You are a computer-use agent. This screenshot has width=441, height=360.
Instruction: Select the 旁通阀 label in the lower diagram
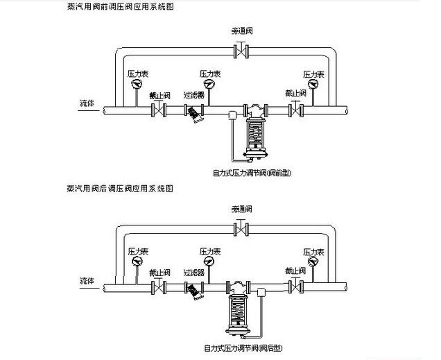[241, 208]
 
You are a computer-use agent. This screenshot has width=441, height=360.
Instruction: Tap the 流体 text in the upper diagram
[87, 103]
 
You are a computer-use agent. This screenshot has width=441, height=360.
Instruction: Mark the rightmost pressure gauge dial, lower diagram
[310, 264]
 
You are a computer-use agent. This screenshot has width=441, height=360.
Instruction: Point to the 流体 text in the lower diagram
[87, 280]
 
